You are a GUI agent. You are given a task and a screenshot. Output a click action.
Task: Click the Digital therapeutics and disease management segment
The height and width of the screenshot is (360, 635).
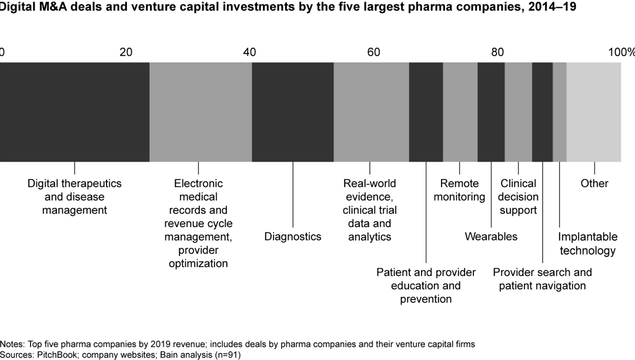point(75,111)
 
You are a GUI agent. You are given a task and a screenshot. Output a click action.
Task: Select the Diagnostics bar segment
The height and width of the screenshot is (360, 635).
point(293,111)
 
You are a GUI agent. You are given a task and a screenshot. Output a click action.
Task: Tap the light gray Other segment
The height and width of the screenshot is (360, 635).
point(594,111)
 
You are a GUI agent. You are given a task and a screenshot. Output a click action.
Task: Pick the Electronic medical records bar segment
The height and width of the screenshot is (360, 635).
point(200,111)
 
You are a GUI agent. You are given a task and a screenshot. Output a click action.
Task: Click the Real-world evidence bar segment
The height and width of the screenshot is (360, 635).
point(371,111)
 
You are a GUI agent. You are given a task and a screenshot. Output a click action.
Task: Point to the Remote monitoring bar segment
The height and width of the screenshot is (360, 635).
point(460,111)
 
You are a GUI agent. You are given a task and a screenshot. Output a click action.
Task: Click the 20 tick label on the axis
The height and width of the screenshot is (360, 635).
point(126,52)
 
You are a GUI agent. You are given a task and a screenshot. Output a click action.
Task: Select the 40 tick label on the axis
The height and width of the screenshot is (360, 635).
point(250,52)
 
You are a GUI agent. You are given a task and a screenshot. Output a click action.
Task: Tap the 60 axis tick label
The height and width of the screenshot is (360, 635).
point(374,52)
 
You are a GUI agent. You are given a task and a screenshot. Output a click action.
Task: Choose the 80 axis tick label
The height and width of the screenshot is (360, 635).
point(497,52)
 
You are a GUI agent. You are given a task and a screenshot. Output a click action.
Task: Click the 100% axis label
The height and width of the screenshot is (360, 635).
point(621,52)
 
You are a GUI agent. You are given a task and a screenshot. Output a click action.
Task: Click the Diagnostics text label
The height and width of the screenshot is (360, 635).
point(293,236)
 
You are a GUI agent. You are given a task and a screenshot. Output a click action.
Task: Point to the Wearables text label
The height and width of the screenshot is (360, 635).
point(491,236)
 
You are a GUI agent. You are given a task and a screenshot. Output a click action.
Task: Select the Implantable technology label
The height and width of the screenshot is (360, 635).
point(588,244)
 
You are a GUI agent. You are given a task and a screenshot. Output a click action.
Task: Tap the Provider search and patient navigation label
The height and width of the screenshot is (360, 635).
point(542,279)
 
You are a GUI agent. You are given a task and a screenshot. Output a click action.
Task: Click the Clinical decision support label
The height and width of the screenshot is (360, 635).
point(519,196)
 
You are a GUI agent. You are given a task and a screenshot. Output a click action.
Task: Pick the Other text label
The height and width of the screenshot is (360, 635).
point(594,184)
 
